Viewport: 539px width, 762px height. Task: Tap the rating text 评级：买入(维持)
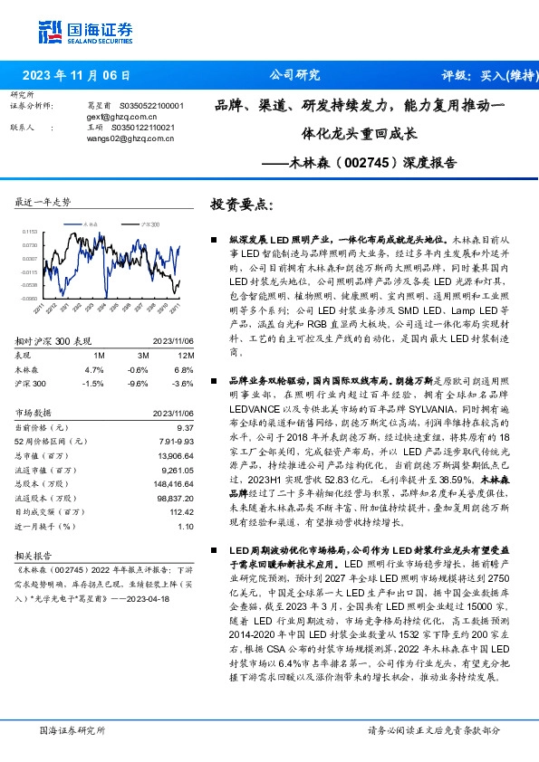tap(489, 75)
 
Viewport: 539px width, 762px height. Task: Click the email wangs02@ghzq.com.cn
tap(126, 138)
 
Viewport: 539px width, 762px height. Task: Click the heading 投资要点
tap(240, 205)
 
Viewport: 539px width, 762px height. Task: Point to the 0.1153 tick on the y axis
tap(31, 233)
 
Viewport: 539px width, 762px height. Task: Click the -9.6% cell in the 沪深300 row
tap(138, 383)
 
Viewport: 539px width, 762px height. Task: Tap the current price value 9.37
tap(186, 425)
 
